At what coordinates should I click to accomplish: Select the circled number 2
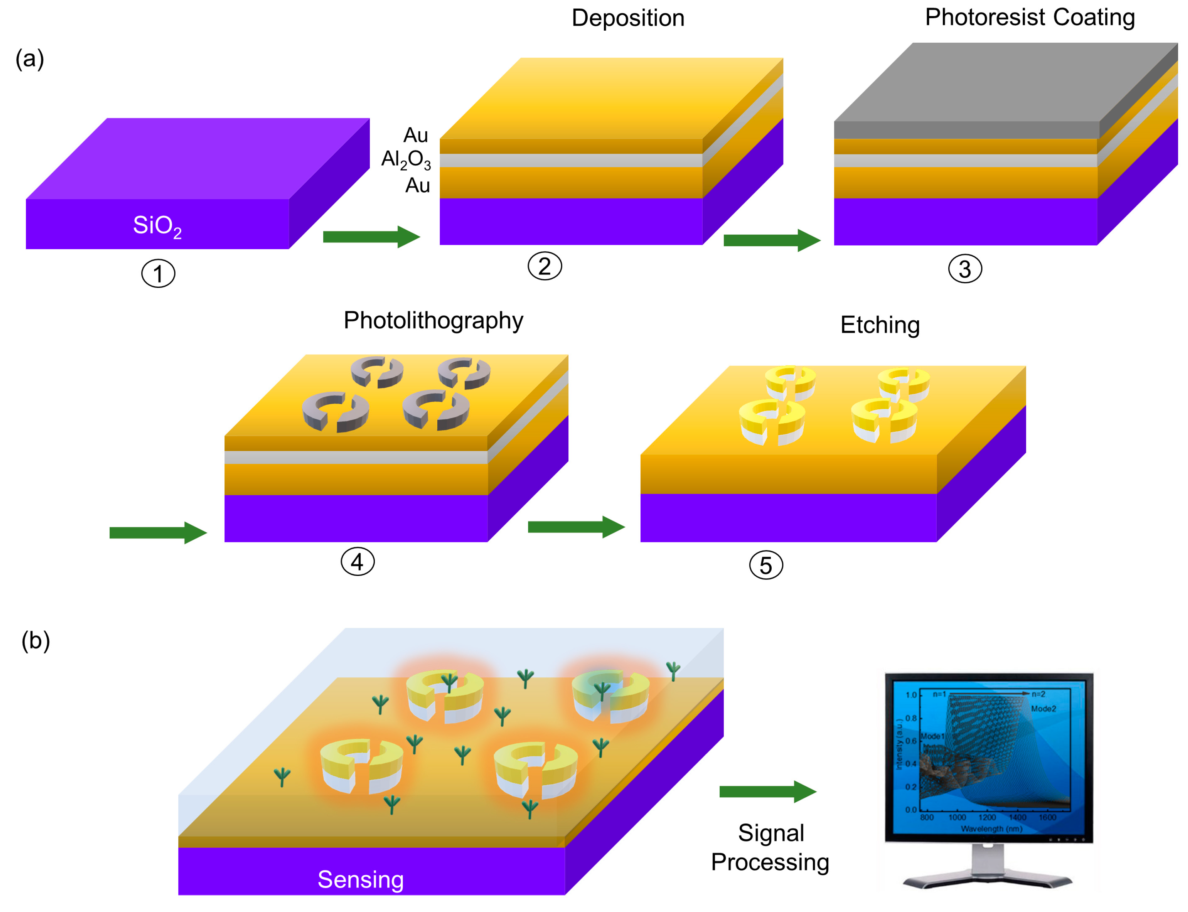point(544,266)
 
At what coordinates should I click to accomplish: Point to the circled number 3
point(964,269)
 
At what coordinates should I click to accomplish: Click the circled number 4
point(357,561)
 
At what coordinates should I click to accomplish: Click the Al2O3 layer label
point(406,159)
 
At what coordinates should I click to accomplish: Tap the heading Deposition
point(628,18)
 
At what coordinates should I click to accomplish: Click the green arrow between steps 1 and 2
point(371,237)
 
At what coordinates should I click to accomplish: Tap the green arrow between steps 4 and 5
point(575,526)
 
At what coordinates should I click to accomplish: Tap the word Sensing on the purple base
point(360,879)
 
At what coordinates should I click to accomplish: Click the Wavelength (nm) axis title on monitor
point(991,829)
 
